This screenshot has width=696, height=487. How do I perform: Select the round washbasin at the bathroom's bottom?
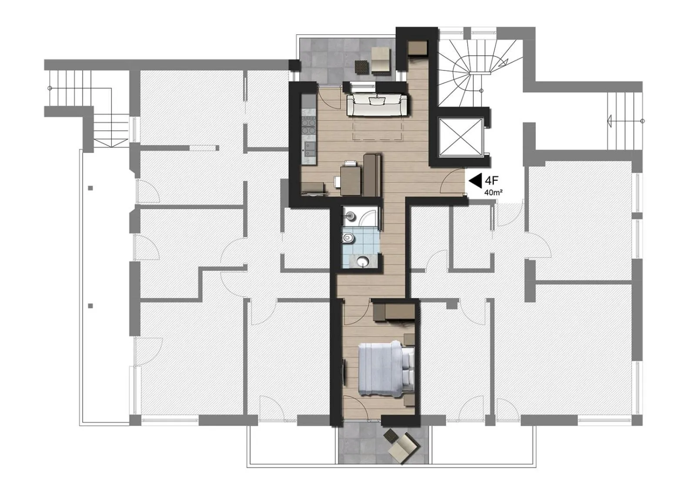(x=361, y=261)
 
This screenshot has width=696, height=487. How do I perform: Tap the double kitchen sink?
(x=308, y=149)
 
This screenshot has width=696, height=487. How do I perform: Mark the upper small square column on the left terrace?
(x=90, y=188)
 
